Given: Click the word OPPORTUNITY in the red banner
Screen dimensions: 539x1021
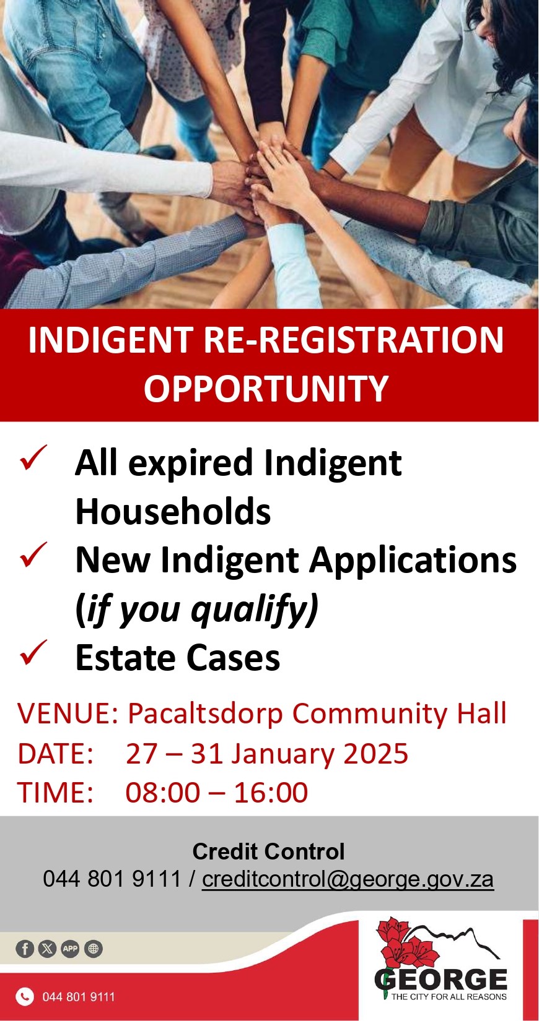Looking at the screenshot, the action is (266, 389).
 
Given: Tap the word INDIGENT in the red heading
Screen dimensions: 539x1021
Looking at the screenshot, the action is (110, 340).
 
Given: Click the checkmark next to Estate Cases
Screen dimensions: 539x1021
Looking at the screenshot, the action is (33, 653).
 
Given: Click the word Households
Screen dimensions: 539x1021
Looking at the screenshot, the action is (173, 511).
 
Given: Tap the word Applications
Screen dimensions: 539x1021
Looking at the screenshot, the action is (413, 561).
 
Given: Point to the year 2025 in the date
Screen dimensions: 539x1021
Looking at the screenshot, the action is (375, 754).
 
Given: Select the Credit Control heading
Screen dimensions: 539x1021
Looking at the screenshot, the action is (268, 851).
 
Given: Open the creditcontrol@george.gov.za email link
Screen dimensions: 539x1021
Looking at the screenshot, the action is (348, 879).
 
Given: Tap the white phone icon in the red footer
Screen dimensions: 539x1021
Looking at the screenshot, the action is (25, 996).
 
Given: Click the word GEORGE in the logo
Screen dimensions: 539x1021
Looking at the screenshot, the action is (441, 979).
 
